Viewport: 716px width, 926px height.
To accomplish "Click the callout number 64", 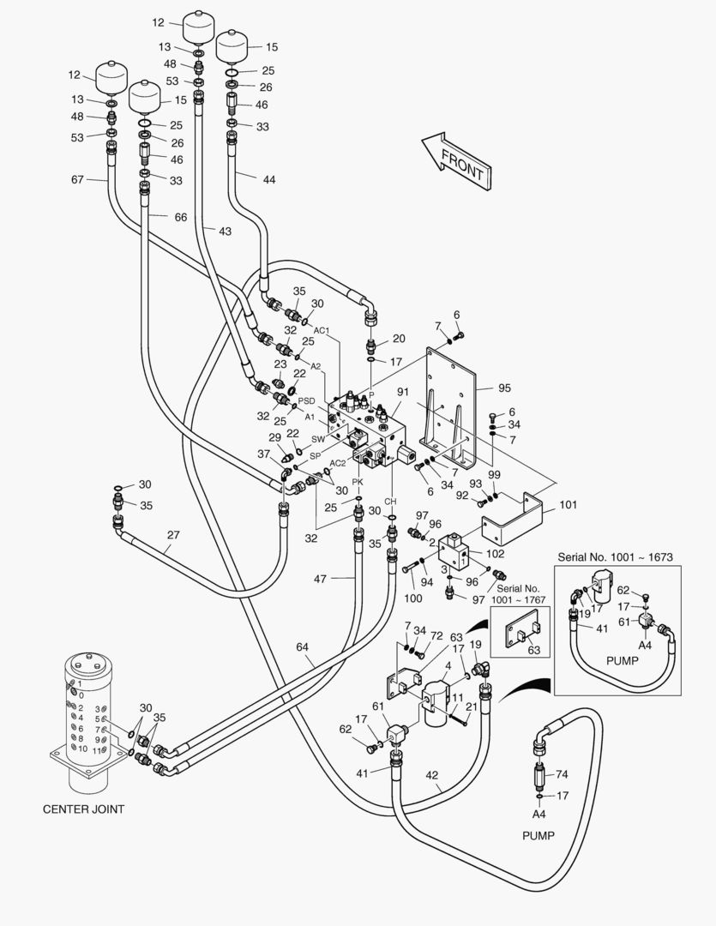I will tap(302, 646).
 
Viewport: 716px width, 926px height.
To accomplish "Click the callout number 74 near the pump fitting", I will tap(562, 773).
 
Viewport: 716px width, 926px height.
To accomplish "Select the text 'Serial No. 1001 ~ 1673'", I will tap(615, 557).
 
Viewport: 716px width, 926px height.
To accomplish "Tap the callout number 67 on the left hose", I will tap(78, 179).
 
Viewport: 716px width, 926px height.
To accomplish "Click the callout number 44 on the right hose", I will tap(269, 178).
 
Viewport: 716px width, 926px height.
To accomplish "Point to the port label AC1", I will tap(322, 330).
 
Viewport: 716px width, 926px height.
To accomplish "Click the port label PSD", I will tap(307, 400).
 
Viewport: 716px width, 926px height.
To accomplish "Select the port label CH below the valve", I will tap(390, 501).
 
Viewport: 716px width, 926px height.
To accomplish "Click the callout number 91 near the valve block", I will tap(402, 392).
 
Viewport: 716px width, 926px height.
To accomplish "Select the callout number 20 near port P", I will tap(399, 338).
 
